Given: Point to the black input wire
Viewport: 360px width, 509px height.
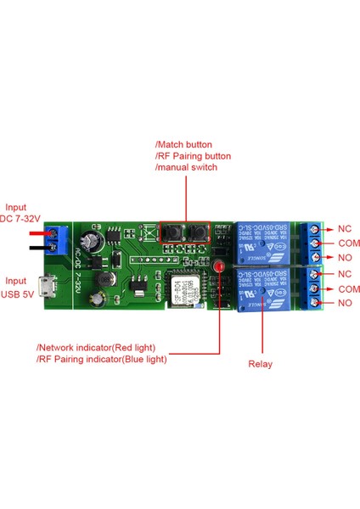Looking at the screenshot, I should (38, 246).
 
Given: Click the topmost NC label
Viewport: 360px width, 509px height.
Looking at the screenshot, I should (344, 229).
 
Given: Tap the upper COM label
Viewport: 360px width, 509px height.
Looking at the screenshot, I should (349, 243).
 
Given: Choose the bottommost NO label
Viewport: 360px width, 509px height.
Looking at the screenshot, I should (345, 303).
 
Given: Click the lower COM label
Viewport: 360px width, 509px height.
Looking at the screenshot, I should (349, 288).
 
